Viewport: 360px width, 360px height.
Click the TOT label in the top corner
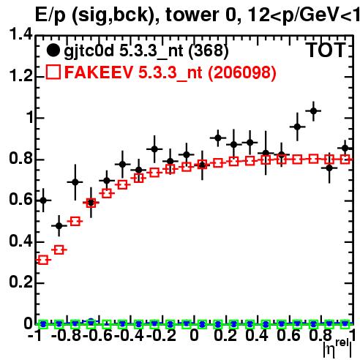pos(326,50)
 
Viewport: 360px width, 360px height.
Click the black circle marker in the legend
pos(53,50)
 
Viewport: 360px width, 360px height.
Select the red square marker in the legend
pos(53,72)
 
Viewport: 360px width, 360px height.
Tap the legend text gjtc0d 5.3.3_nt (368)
pos(146,51)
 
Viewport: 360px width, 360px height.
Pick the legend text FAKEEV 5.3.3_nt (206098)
pos(170,72)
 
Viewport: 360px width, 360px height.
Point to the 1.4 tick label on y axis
pos(20,34)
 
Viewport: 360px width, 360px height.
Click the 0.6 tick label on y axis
pos(20,199)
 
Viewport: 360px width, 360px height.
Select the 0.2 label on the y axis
pos(20,282)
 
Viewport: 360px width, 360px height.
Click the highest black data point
pos(313,111)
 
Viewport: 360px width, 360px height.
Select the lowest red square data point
pos(43,260)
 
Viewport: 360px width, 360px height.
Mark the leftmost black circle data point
pos(43,200)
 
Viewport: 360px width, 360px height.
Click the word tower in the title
pos(192,15)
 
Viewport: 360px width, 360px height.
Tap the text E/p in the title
pos(50,15)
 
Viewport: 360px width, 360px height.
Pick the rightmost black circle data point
pos(345,148)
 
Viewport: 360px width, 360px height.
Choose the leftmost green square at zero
pos(43,324)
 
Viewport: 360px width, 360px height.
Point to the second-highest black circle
pos(297,127)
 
